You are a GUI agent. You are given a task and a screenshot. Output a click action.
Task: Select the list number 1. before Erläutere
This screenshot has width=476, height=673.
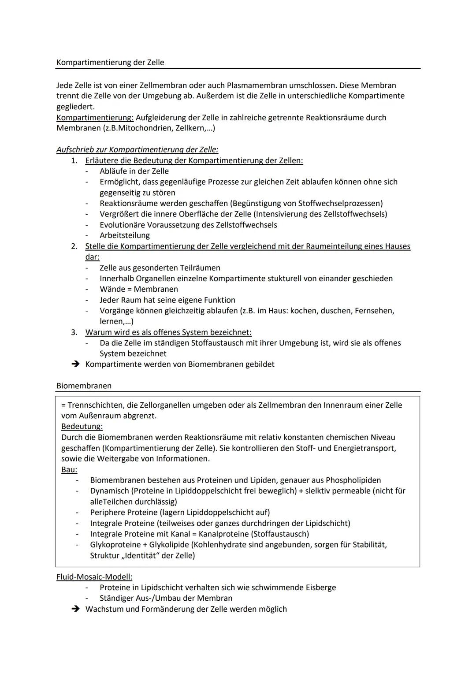pyautogui.click(x=74, y=160)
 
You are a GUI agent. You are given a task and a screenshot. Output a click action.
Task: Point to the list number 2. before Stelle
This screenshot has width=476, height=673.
pyautogui.click(x=74, y=246)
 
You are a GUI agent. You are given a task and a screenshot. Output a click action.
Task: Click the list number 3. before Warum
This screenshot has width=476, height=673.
pyautogui.click(x=74, y=332)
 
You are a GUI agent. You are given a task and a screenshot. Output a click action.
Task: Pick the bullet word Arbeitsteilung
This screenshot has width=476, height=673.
pyautogui.click(x=125, y=235)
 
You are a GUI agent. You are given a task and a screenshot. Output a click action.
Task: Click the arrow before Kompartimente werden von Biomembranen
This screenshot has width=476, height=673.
pyautogui.click(x=75, y=364)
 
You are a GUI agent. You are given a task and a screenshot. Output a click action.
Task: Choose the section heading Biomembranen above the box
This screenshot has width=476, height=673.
pyautogui.click(x=84, y=386)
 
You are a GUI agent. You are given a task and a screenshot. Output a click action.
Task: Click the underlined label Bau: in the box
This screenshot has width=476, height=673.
pyautogui.click(x=69, y=469)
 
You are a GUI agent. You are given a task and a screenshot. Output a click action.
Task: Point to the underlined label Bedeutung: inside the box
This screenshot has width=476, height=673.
pyautogui.click(x=82, y=427)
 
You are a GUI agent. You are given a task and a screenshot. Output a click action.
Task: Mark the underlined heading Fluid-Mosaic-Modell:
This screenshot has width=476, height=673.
pyautogui.click(x=94, y=577)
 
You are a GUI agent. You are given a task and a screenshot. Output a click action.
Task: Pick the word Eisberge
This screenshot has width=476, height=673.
pyautogui.click(x=319, y=587)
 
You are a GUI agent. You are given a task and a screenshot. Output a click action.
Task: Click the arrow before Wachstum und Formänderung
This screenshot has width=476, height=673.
pyautogui.click(x=75, y=609)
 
